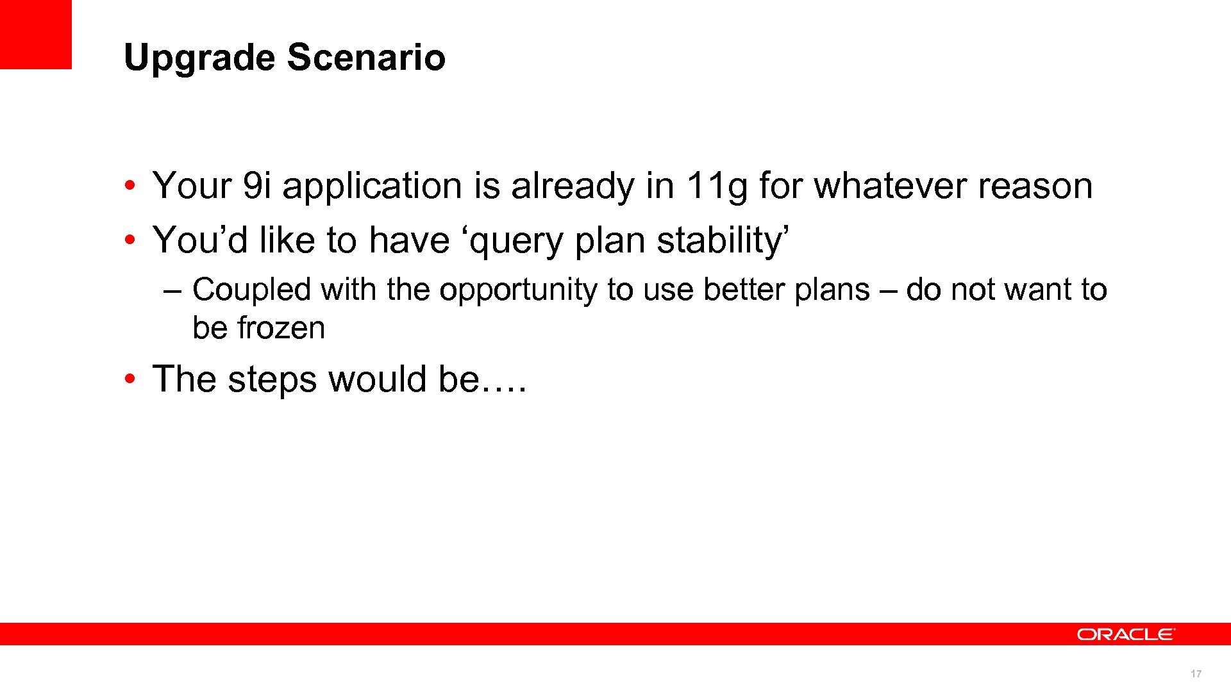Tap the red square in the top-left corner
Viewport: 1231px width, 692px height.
coord(35,34)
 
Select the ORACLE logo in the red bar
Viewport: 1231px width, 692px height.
coord(1125,634)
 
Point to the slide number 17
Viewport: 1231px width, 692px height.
coord(1196,673)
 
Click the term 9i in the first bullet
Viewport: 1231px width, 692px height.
coord(257,186)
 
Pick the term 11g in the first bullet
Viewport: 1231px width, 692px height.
coord(716,186)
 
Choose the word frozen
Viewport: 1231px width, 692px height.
coord(281,328)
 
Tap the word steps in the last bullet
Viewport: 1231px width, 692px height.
coord(272,379)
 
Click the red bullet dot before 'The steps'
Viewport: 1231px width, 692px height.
coord(130,379)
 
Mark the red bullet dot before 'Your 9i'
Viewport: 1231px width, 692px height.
coord(130,186)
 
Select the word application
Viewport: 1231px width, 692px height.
coord(372,186)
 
